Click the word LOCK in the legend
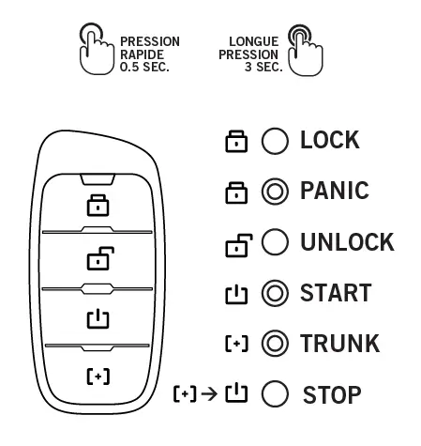click(329, 141)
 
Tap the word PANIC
click(334, 192)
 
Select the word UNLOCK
click(346, 242)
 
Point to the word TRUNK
click(339, 344)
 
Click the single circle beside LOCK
click(274, 142)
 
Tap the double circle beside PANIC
click(274, 192)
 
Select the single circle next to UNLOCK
click(274, 243)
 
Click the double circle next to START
click(274, 294)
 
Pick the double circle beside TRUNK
click(274, 344)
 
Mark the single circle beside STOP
click(274, 394)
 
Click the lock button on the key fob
click(98, 203)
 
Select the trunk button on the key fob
click(98, 376)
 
